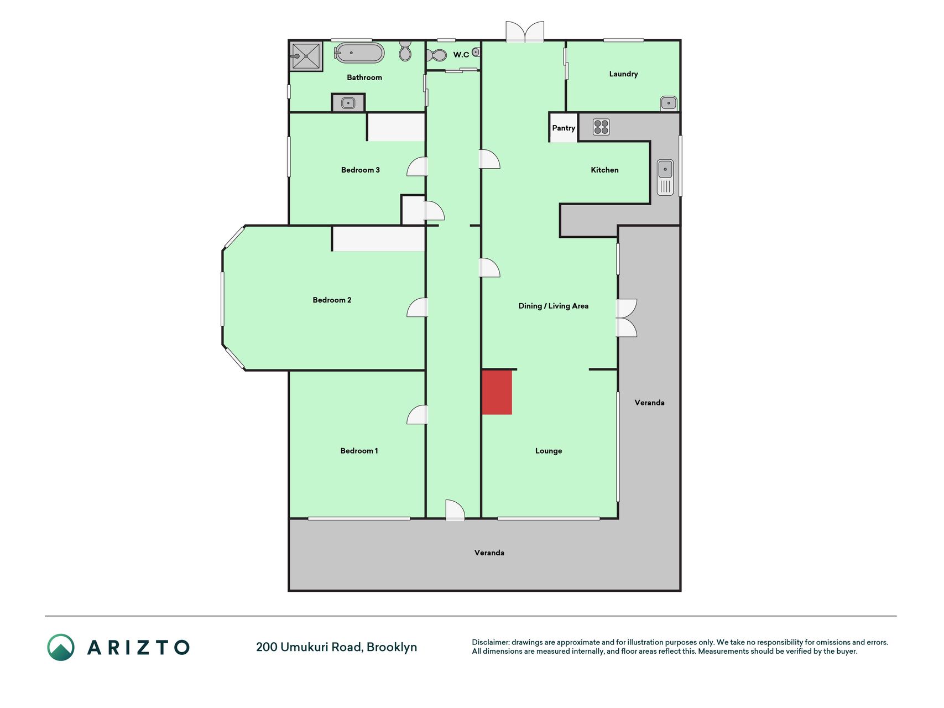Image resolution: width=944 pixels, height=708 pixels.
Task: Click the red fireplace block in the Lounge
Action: pyautogui.click(x=497, y=392)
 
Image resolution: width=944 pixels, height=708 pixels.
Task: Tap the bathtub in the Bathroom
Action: pyautogui.click(x=359, y=53)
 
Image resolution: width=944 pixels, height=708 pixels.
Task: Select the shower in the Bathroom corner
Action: pyautogui.click(x=306, y=56)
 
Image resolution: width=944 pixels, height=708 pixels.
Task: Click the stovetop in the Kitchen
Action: pyautogui.click(x=601, y=127)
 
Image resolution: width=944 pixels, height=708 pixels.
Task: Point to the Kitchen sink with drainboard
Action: pyautogui.click(x=665, y=178)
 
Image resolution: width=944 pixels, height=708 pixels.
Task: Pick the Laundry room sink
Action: pyautogui.click(x=669, y=103)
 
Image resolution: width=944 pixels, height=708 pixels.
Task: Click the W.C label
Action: pyautogui.click(x=461, y=54)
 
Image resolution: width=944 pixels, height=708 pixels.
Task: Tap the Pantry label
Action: pyautogui.click(x=564, y=128)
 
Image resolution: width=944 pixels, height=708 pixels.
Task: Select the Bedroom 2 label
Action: pyautogui.click(x=332, y=300)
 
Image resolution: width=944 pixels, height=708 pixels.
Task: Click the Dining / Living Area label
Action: pyautogui.click(x=553, y=306)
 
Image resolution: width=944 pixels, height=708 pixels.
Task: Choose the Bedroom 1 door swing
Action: pyautogui.click(x=418, y=415)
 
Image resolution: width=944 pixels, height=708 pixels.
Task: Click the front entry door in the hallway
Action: pyautogui.click(x=455, y=510)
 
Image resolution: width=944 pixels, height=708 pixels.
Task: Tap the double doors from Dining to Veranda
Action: pyautogui.click(x=627, y=318)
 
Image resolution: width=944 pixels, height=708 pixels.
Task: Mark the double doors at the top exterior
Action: pyautogui.click(x=525, y=32)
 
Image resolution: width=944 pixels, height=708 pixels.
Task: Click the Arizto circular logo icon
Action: pyautogui.click(x=61, y=647)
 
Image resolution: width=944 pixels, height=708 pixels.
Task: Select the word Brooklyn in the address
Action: pyautogui.click(x=392, y=647)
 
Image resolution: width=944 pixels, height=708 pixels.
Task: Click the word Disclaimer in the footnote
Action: pyautogui.click(x=490, y=642)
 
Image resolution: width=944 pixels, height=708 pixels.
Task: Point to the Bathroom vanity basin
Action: pyautogui.click(x=348, y=103)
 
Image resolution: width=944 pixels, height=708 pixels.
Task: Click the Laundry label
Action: pyautogui.click(x=623, y=74)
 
